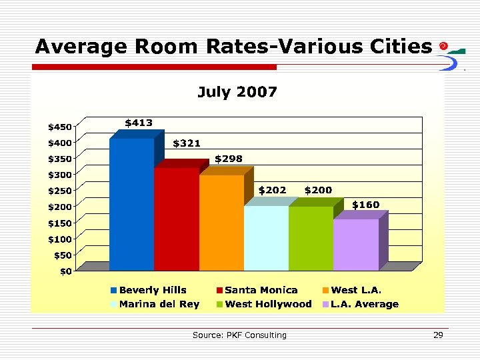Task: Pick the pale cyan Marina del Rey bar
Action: (x=266, y=238)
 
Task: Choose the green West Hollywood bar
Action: (x=311, y=238)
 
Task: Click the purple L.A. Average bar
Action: (x=355, y=245)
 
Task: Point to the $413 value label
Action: (x=139, y=123)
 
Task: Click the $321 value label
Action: (x=187, y=143)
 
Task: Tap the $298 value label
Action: (x=229, y=159)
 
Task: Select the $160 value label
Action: (x=365, y=204)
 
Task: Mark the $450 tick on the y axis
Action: (x=59, y=127)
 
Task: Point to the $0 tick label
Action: (x=65, y=271)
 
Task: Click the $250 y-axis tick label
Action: (x=59, y=191)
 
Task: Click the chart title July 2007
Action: (x=237, y=92)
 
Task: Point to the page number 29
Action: (x=438, y=335)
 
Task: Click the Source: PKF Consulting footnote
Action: (x=239, y=335)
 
